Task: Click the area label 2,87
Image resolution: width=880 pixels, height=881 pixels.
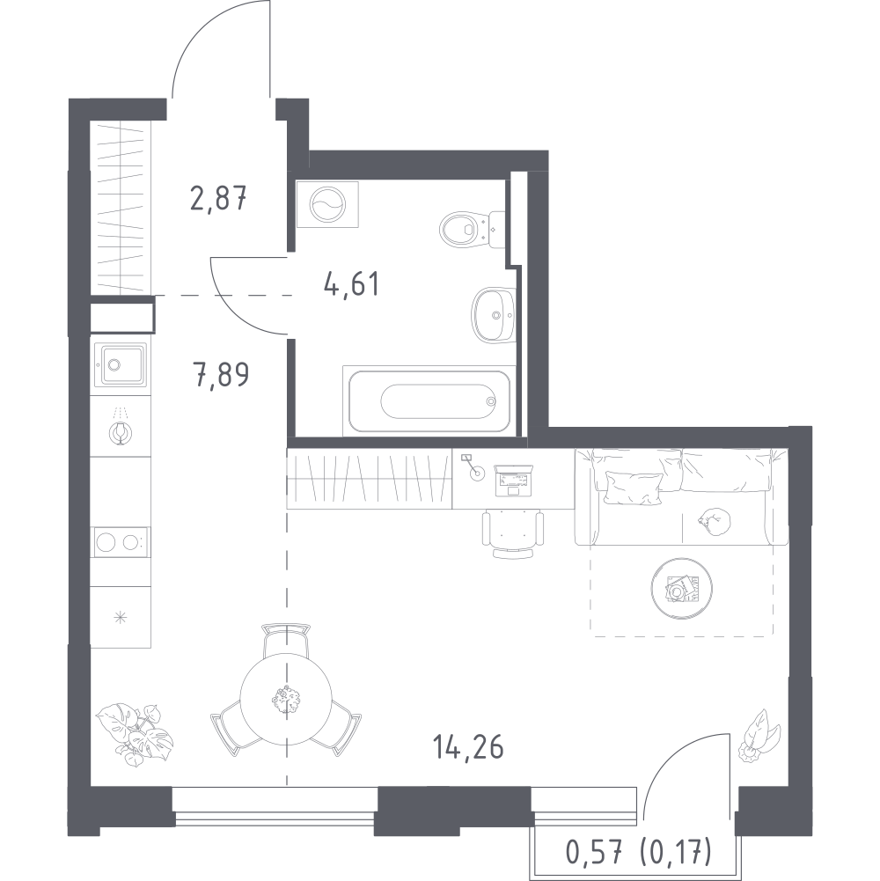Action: [x=218, y=199]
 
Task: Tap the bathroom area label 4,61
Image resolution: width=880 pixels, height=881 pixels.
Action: [x=352, y=283]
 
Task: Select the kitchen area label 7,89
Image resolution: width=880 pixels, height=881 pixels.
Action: [x=221, y=375]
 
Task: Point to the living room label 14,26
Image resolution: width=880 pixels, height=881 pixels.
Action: [x=468, y=748]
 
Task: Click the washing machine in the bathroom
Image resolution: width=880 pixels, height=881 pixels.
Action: [x=327, y=204]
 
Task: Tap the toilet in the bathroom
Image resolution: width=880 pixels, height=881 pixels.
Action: [x=472, y=229]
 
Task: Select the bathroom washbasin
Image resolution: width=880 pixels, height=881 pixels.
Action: [x=494, y=314]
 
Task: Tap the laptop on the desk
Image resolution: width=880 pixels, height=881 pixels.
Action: [x=513, y=481]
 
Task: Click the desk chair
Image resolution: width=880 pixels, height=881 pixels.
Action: [x=513, y=533]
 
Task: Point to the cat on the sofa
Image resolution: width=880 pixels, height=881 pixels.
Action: [x=715, y=521]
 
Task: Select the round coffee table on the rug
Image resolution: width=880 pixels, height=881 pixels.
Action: [x=682, y=588]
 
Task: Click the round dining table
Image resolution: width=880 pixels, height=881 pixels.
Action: [x=286, y=699]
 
